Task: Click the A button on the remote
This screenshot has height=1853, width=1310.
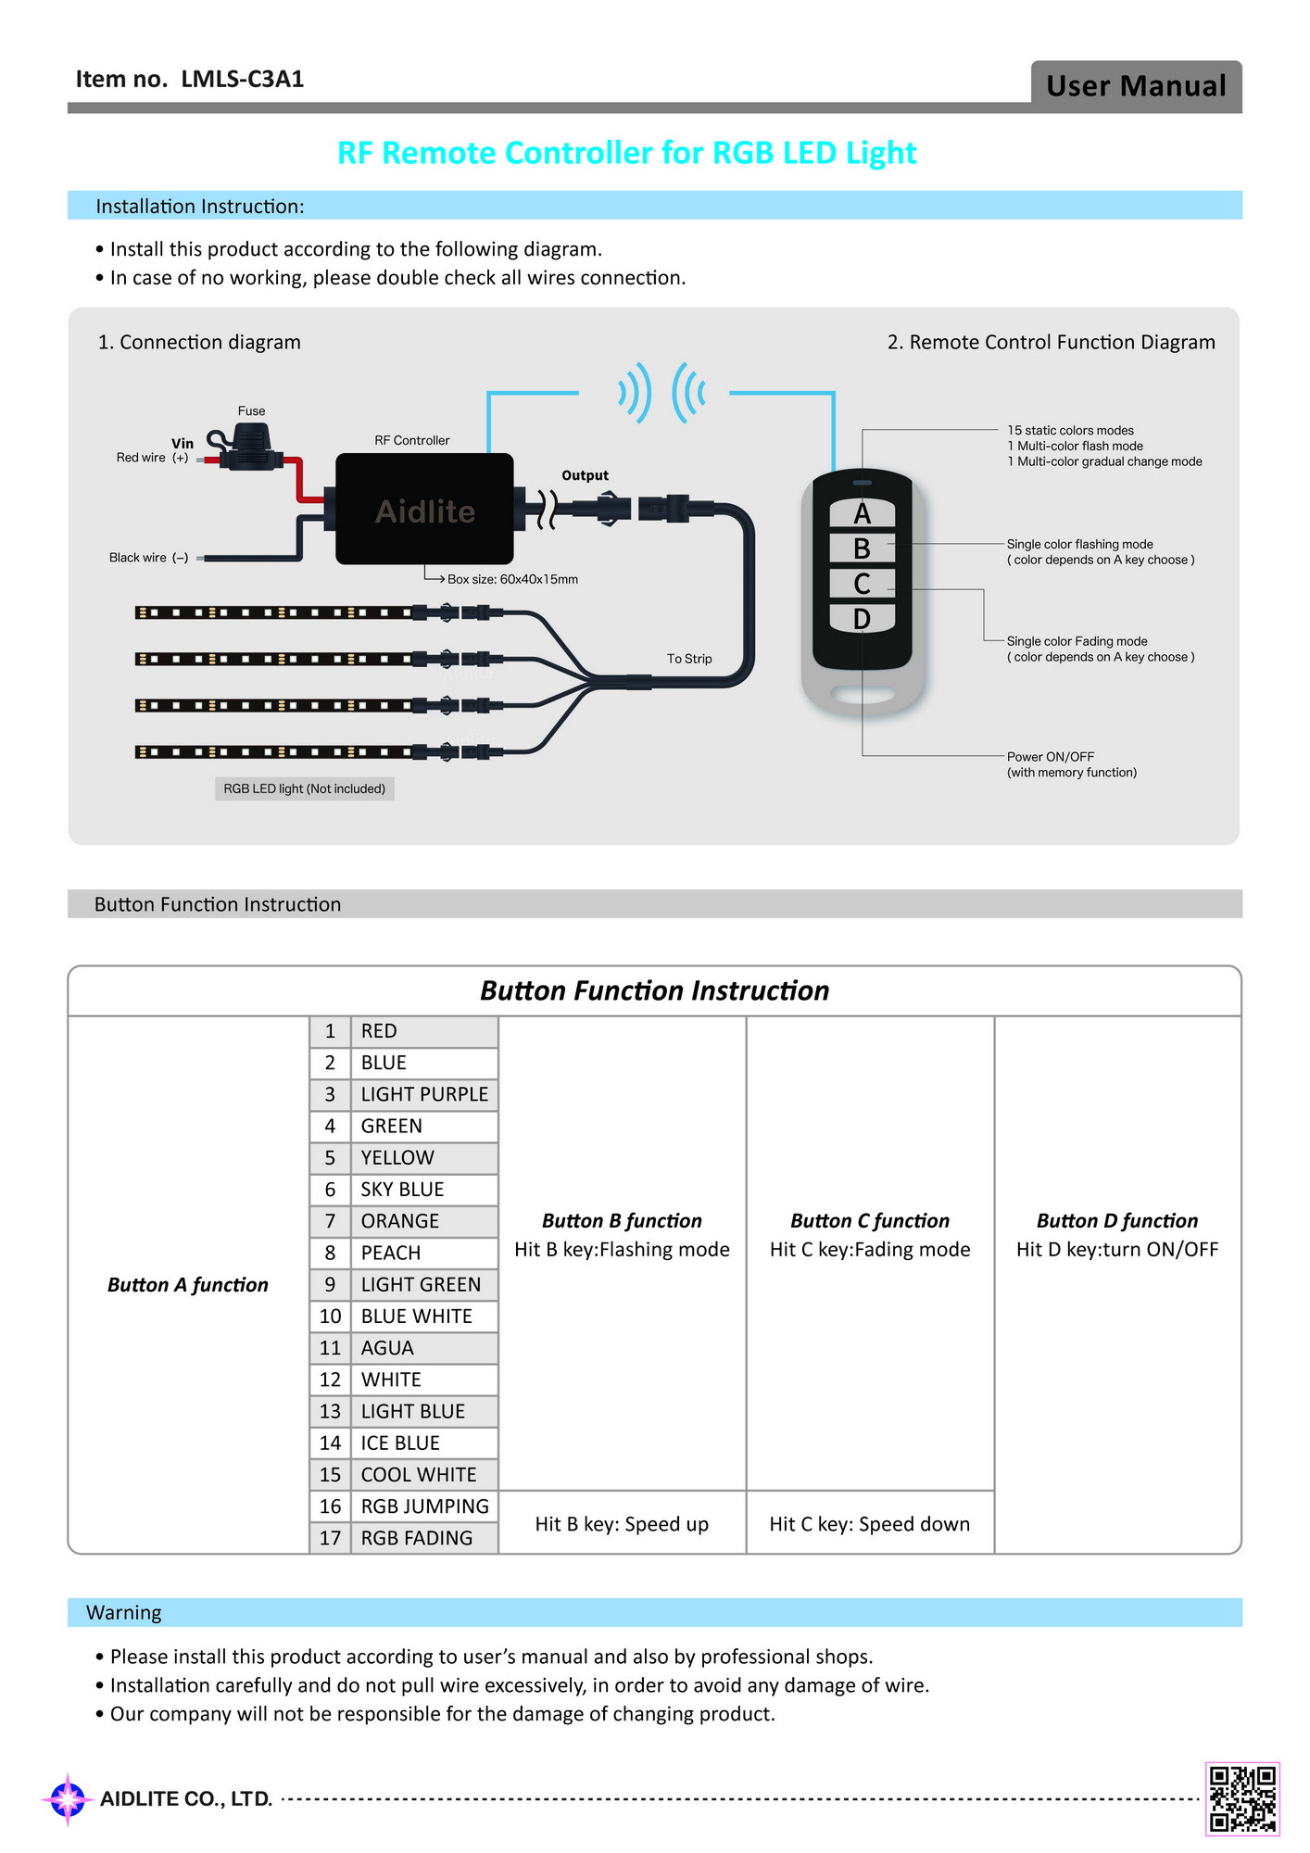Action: [862, 513]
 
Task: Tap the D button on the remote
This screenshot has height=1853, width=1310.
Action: [862, 618]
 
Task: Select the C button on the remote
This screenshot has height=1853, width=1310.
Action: [862, 584]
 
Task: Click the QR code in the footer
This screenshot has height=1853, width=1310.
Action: [1242, 1798]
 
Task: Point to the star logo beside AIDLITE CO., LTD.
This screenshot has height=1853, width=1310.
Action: [68, 1799]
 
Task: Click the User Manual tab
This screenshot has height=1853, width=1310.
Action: [1136, 86]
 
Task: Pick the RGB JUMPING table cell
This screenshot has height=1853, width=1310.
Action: [424, 1506]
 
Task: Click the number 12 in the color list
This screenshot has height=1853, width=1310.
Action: [330, 1380]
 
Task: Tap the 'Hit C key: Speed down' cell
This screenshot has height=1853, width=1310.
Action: [869, 1524]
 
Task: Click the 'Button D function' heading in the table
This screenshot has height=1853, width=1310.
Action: [1116, 1220]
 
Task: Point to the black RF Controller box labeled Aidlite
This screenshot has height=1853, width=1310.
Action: [424, 509]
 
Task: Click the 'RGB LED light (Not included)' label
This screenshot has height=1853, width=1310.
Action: [304, 788]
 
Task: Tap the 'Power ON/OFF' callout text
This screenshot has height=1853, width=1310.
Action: [1051, 757]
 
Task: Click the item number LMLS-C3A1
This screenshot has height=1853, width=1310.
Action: [243, 80]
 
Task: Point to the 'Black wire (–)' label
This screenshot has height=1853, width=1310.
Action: [149, 558]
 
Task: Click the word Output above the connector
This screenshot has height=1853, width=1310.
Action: [585, 475]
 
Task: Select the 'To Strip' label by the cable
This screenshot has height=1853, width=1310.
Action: [689, 659]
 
